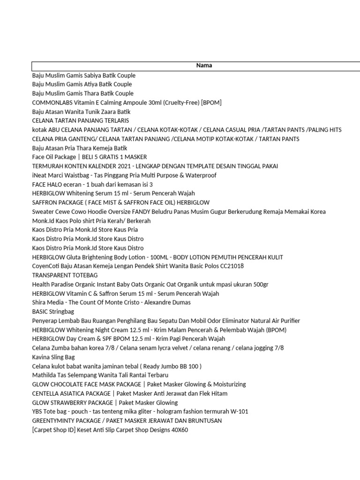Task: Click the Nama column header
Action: [x=204, y=66]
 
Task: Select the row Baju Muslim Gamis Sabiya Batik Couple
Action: [x=83, y=75]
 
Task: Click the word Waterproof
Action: [x=202, y=175]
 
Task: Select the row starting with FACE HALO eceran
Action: [x=92, y=185]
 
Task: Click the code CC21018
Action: [x=229, y=266]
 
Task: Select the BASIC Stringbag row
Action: [x=53, y=312]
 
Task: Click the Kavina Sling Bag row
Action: [x=53, y=357]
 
